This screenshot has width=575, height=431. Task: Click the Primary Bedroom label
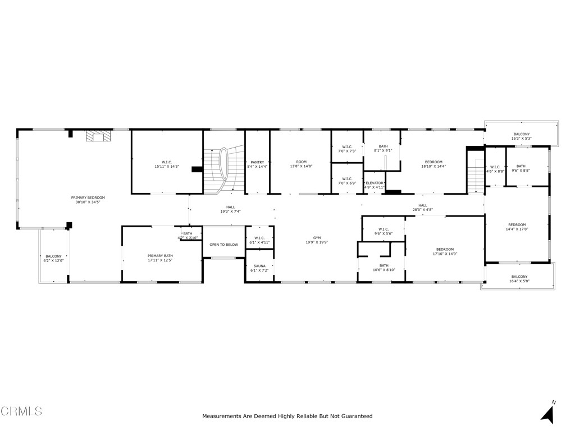click(88, 200)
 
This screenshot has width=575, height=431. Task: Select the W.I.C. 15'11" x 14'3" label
click(167, 164)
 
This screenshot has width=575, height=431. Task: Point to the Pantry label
click(257, 164)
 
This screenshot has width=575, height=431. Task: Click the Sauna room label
click(259, 268)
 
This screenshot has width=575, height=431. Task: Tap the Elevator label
click(374, 185)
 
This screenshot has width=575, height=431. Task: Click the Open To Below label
click(223, 245)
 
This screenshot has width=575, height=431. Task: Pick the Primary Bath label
click(162, 258)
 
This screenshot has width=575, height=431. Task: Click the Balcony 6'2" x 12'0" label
click(54, 258)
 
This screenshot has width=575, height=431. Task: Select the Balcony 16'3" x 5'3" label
click(521, 136)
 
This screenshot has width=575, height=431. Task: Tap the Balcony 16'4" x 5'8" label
click(519, 279)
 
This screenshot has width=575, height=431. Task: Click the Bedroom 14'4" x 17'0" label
click(517, 227)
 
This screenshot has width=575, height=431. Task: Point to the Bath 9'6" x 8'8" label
click(521, 168)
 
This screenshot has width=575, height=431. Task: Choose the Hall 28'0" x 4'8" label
click(422, 208)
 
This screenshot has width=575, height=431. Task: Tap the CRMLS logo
click(22, 411)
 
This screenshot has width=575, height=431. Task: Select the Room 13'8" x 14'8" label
click(301, 164)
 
